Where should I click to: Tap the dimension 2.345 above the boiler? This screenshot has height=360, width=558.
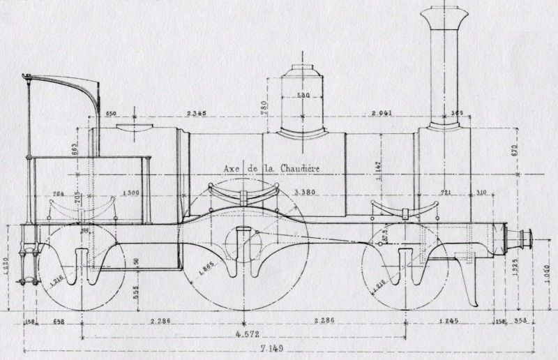(200, 113)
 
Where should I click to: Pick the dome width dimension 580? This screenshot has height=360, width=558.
(303, 96)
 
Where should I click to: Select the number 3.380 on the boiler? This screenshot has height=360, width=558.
(304, 192)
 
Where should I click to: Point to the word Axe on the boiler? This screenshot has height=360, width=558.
(233, 167)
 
